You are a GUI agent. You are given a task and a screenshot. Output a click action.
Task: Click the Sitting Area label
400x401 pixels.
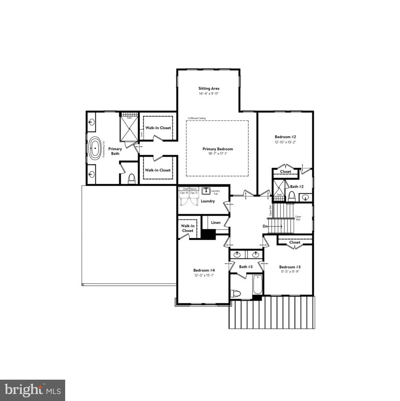tap(209, 88)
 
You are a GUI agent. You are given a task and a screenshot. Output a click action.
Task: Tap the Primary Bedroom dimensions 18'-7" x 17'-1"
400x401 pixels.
tap(218, 154)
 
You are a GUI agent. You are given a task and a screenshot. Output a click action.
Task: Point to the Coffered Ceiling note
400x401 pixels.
tap(197, 118)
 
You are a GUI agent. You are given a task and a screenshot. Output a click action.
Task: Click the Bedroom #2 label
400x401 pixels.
tap(285, 137)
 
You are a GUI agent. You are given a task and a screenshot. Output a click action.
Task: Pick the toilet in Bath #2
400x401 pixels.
tap(292, 196)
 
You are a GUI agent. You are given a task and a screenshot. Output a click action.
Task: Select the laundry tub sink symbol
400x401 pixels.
tap(206, 191)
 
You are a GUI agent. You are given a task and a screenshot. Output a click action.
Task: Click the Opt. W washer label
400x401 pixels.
tap(184, 193)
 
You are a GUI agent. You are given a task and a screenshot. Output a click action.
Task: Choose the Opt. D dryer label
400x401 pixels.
tap(194, 193)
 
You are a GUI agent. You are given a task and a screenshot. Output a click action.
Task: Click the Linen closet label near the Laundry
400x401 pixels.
tap(216, 223)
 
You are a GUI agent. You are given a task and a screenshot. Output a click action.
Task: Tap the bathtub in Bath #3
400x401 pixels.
tap(257, 284)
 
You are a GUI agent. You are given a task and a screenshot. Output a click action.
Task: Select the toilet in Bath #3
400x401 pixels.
tap(236, 294)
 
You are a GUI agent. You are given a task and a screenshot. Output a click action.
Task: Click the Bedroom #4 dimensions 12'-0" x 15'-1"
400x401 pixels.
tap(204, 275)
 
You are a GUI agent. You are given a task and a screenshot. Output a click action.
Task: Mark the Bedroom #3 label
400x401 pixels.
tap(290, 267)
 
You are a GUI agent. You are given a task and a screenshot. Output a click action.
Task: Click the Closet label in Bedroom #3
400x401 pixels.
tap(295, 242)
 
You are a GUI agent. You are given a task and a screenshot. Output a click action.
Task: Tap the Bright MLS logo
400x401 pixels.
tap(33, 390)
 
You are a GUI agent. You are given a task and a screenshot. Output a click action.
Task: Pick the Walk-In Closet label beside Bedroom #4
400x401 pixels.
tap(188, 228)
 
